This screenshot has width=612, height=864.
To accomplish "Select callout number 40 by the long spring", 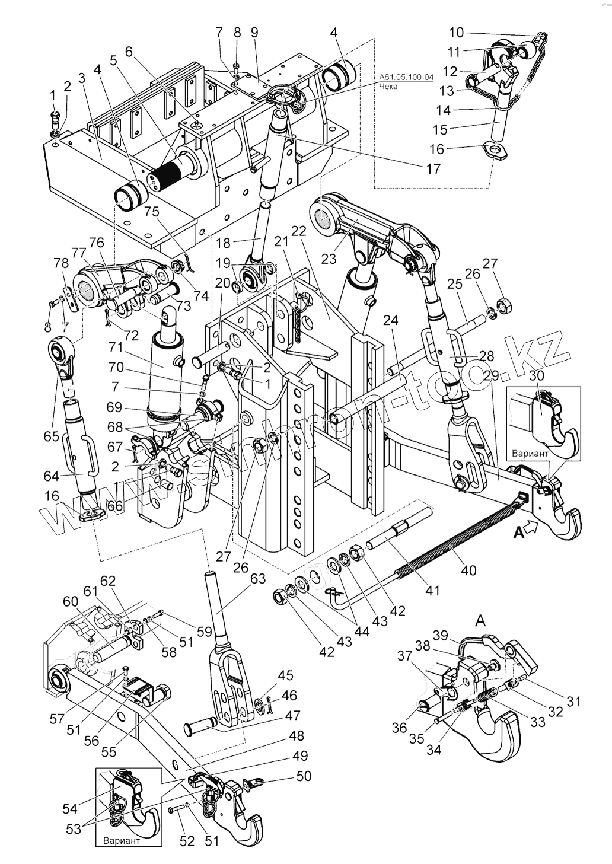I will click(x=468, y=570).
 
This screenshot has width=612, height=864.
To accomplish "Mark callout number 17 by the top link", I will click(x=433, y=168).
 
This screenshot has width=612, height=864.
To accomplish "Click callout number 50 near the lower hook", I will click(x=302, y=776).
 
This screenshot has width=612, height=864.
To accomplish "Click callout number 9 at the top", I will click(x=254, y=33).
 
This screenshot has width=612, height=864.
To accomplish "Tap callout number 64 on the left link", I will click(x=53, y=476).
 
